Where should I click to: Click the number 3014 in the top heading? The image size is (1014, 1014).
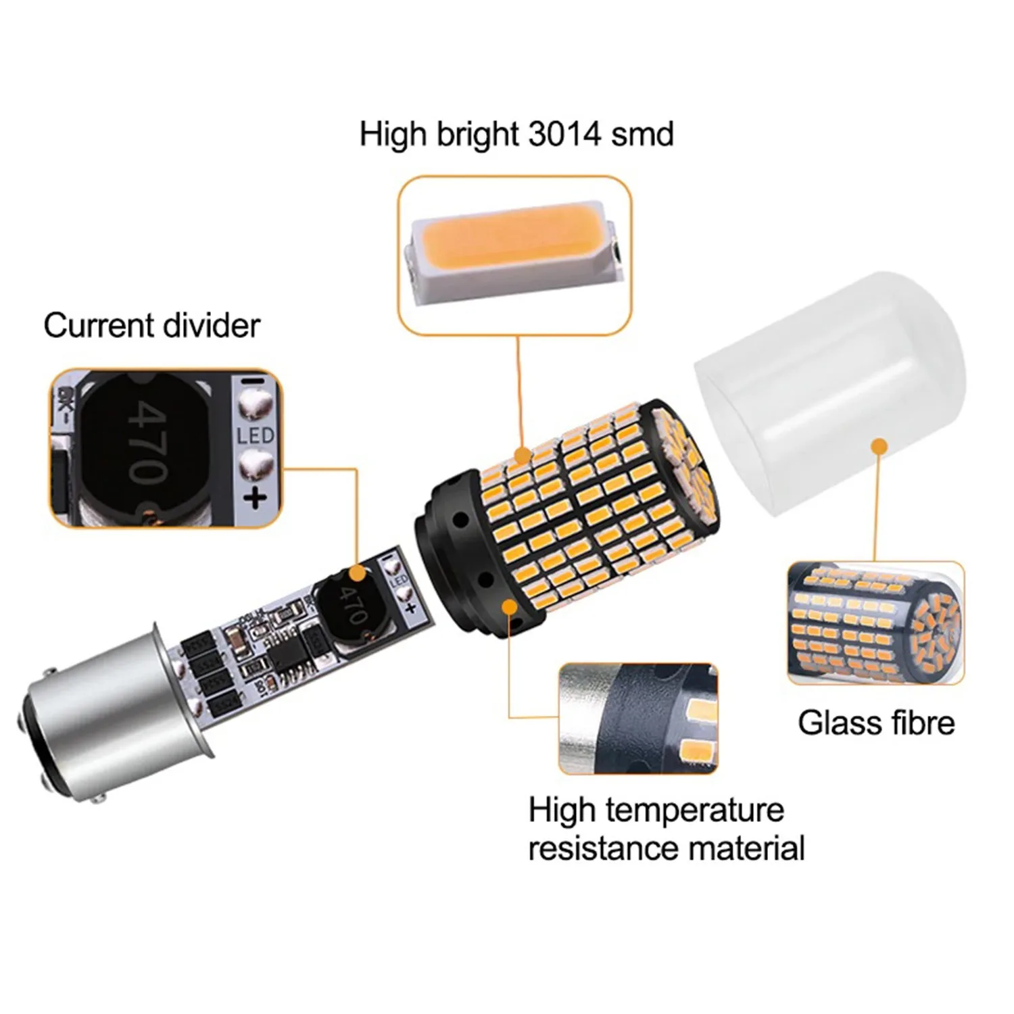tap(564, 134)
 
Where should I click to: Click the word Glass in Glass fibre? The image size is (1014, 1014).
tap(838, 723)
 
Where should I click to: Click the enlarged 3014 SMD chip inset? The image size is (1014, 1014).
tap(514, 255)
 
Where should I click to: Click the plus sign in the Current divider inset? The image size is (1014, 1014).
tap(255, 498)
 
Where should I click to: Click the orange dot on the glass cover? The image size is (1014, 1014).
tap(879, 447)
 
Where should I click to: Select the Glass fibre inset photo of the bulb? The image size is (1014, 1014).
tap(875, 623)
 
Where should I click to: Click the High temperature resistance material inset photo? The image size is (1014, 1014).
tap(637, 718)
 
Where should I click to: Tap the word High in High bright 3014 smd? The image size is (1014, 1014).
tap(393, 134)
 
